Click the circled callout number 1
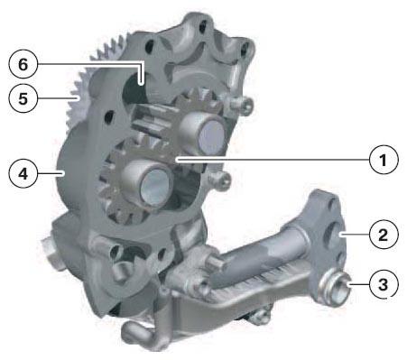pyautogui.click(x=384, y=160)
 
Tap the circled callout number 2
pyautogui.click(x=384, y=235)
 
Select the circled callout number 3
pyautogui.click(x=384, y=284)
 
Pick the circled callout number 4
pyautogui.click(x=23, y=173)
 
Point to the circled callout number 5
pyautogui.click(x=23, y=98)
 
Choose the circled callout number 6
pyautogui.click(x=23, y=64)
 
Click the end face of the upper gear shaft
pyautogui.click(x=211, y=138)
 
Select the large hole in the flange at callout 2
pyautogui.click(x=332, y=233)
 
